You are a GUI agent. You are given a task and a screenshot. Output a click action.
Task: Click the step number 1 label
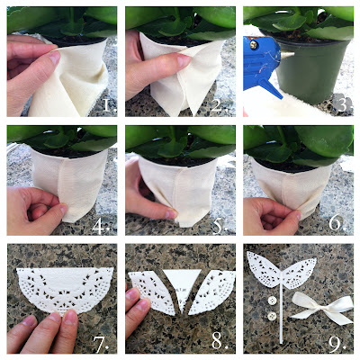coord(109,105)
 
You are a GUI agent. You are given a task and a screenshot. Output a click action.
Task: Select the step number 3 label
coord(343,105)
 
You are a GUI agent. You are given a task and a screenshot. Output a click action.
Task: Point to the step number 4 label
coord(101,226)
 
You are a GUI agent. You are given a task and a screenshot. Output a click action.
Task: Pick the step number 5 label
coord(220,226)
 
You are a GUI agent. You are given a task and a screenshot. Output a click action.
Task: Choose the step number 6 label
coord(337,223)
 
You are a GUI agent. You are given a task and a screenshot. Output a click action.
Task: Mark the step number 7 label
coord(101,344)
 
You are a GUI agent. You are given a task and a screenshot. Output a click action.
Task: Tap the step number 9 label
coord(337,344)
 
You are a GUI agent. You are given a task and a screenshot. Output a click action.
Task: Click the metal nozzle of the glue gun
coord(287,55)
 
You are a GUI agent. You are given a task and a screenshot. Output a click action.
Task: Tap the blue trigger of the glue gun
coord(271,88)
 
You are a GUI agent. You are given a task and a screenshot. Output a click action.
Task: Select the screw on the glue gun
coord(254,45)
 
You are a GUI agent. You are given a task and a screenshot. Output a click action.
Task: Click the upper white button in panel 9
coord(272,301)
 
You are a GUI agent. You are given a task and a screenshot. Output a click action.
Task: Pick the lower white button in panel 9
coord(272,316)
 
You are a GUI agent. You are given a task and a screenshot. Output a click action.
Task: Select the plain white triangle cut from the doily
coord(182,286)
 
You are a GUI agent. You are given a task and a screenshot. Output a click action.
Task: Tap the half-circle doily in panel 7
coord(65,287)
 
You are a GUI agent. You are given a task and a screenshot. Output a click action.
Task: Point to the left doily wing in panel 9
coord(265,269)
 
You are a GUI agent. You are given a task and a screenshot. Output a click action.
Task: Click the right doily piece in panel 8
coord(211,291)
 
